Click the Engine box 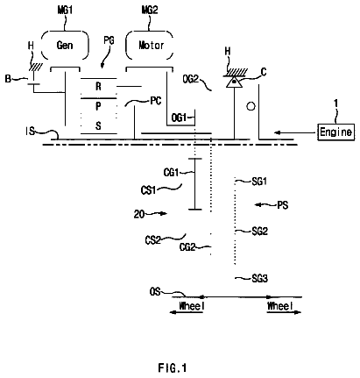coord(336,132)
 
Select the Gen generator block coord(65,46)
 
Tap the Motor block coord(150,46)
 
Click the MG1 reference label coord(65,10)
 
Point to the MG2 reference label coord(150,10)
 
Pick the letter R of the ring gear coord(98,87)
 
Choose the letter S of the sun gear coord(98,125)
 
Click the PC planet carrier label coord(156,101)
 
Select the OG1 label coord(179,118)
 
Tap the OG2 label coord(191,79)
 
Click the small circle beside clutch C coord(251,106)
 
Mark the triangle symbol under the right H coord(234,82)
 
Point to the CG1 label coord(171,173)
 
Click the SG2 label coord(259,232)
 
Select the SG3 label coord(259,278)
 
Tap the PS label coord(283,205)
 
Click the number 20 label coord(139,214)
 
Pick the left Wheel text coord(192,306)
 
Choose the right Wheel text coord(280,306)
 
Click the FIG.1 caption coord(173,367)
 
